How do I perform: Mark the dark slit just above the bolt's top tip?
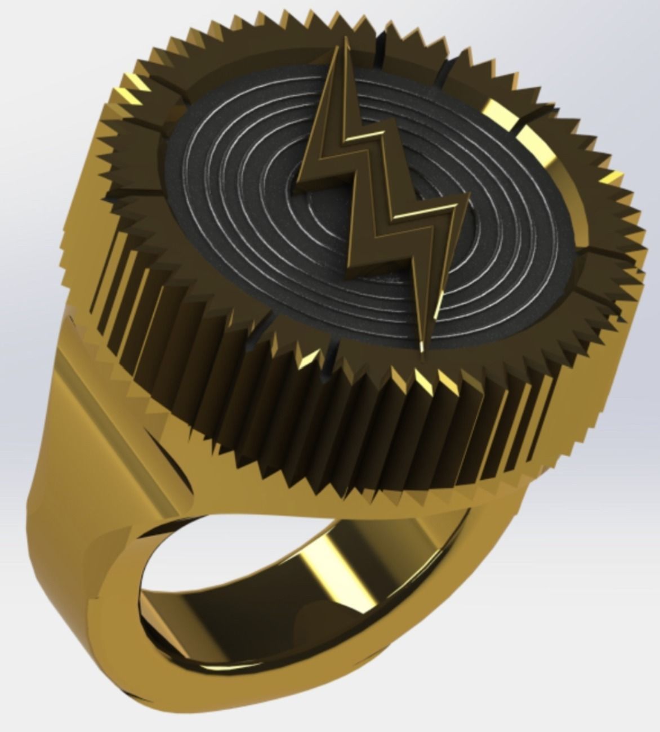pos(379,41)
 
